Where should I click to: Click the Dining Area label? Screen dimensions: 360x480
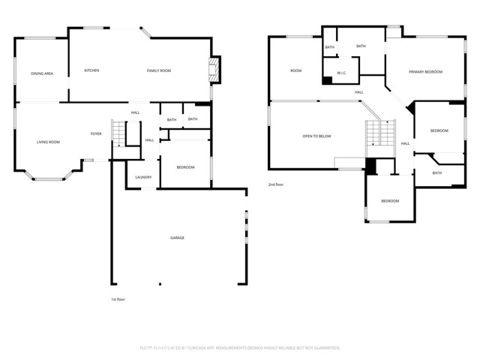42,73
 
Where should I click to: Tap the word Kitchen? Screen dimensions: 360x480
91,70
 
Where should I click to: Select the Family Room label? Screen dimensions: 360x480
158,70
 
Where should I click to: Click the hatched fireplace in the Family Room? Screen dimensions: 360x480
215,70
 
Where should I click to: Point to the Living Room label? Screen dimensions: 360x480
49,142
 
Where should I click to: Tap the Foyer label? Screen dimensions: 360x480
96,133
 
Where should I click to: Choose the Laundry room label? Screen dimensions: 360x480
143,178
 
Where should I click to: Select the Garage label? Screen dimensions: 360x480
177,238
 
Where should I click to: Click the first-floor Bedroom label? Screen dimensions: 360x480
185,167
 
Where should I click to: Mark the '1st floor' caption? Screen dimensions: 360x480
117,298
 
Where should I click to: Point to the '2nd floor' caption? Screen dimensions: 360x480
277,184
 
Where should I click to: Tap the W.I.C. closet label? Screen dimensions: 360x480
341,73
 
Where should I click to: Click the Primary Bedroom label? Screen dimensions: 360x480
425,72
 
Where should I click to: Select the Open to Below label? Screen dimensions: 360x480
316,136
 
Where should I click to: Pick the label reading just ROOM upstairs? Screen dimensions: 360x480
296,70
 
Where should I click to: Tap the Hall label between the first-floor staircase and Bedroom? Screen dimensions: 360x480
149,140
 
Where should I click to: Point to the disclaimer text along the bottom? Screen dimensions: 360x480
240,348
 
